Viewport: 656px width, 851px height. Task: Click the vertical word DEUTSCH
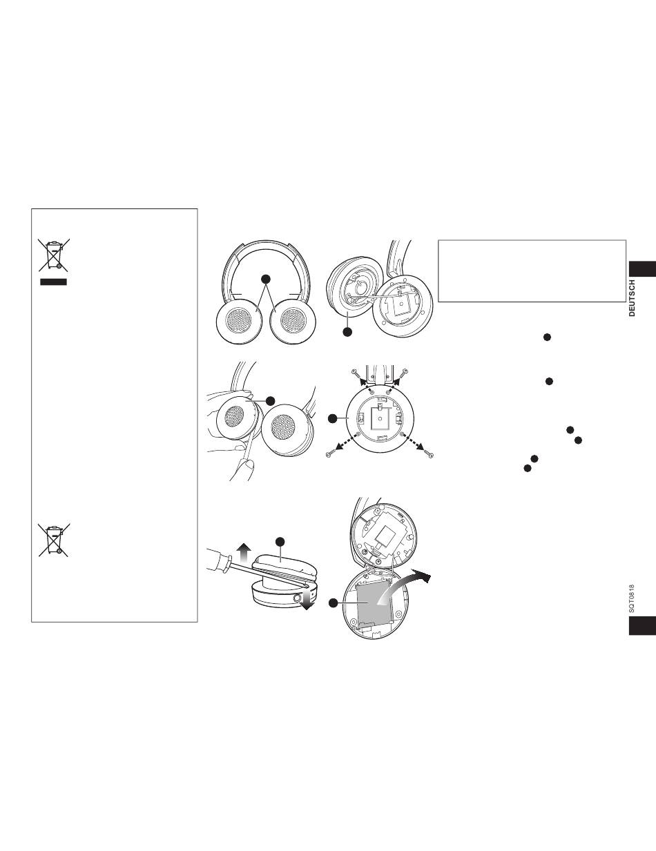coord(632,298)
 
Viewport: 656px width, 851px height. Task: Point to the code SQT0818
coord(631,599)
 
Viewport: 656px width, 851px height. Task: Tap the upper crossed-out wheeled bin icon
coord(54,255)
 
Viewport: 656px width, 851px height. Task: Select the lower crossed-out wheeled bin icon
coord(54,540)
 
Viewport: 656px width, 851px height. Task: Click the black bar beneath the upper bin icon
coord(53,282)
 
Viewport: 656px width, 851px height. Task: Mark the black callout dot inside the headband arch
coord(266,279)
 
